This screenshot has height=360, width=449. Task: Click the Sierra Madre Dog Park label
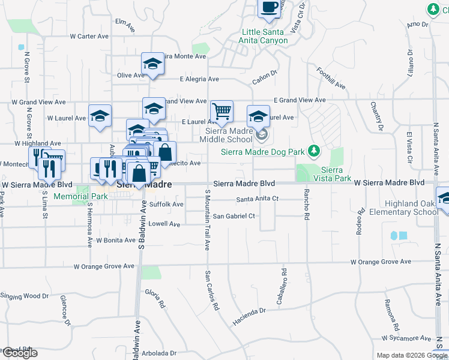click(263, 151)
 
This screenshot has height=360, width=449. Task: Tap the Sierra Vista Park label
click(336, 174)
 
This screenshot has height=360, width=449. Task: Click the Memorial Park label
click(80, 196)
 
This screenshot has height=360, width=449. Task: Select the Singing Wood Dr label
click(24, 296)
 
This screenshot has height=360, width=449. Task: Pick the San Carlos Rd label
click(212, 291)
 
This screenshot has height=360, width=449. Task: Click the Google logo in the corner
click(20, 353)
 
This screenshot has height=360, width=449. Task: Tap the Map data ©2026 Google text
click(412, 355)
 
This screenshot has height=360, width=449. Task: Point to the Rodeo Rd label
click(361, 221)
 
